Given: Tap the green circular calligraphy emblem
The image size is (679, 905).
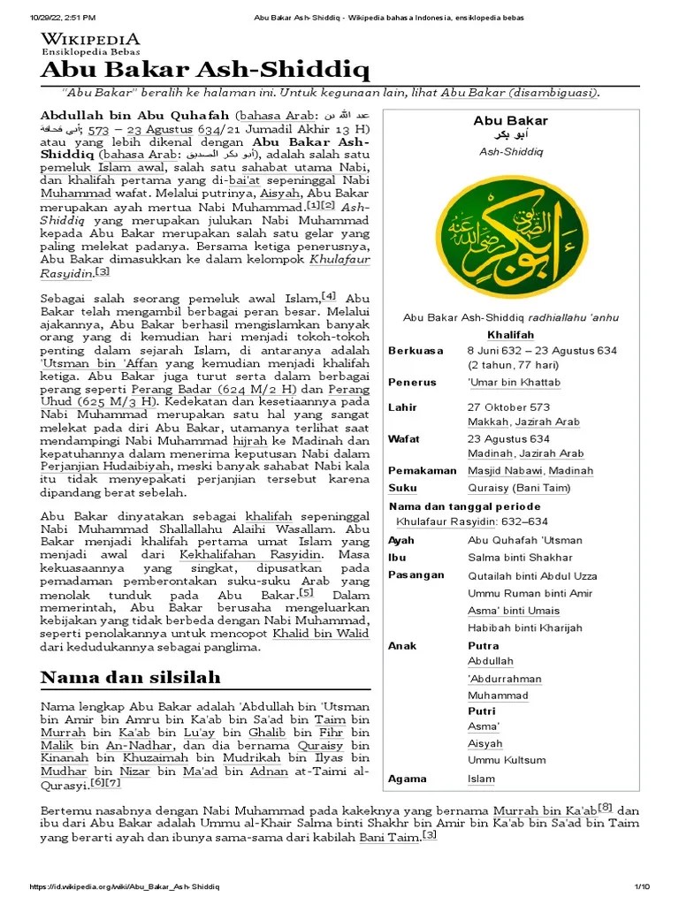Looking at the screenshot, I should (x=512, y=233).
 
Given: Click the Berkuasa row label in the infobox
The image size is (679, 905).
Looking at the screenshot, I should (x=416, y=351).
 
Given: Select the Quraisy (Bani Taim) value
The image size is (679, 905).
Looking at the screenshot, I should (x=518, y=488).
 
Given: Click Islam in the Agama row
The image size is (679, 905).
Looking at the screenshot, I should (x=481, y=779).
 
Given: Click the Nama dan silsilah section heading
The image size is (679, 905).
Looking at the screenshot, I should (x=131, y=677).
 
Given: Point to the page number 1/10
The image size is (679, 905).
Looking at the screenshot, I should (x=641, y=886).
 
